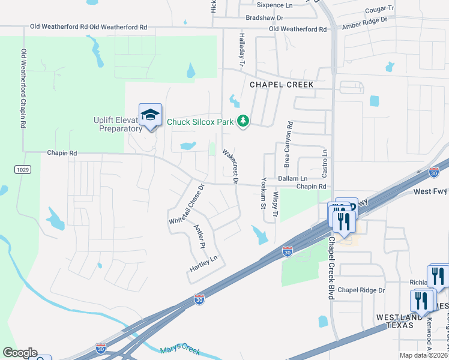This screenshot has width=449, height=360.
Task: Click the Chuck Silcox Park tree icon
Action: (243, 121)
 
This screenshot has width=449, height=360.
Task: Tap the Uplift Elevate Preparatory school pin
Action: (150, 114)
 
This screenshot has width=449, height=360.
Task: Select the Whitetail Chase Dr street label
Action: (187, 204)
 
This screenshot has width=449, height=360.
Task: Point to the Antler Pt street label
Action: (200, 236)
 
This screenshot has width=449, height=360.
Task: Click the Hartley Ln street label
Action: (203, 263)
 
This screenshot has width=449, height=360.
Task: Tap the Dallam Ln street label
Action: (292, 179)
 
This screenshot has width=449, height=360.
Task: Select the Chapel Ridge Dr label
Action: (361, 290)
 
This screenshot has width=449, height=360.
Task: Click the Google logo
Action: (19, 353)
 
